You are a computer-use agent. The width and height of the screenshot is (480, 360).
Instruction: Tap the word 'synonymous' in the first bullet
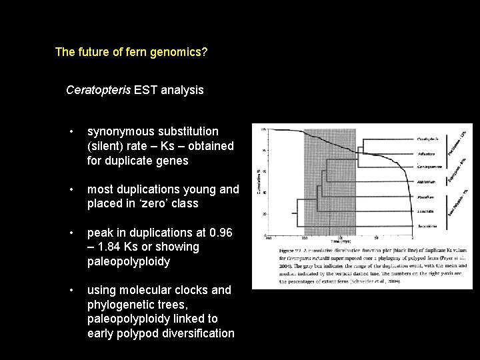(119, 132)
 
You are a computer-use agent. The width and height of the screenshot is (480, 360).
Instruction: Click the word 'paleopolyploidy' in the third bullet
(129, 261)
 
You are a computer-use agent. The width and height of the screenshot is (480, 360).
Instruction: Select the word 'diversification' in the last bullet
(198, 333)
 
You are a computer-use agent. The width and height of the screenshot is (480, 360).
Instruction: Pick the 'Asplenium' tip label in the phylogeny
(427, 181)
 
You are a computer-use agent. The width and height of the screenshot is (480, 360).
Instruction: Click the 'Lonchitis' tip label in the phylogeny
(427, 211)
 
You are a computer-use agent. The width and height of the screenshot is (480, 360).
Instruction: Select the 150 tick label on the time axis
(304, 238)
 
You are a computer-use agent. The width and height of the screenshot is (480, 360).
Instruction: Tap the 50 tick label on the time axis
(377, 238)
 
